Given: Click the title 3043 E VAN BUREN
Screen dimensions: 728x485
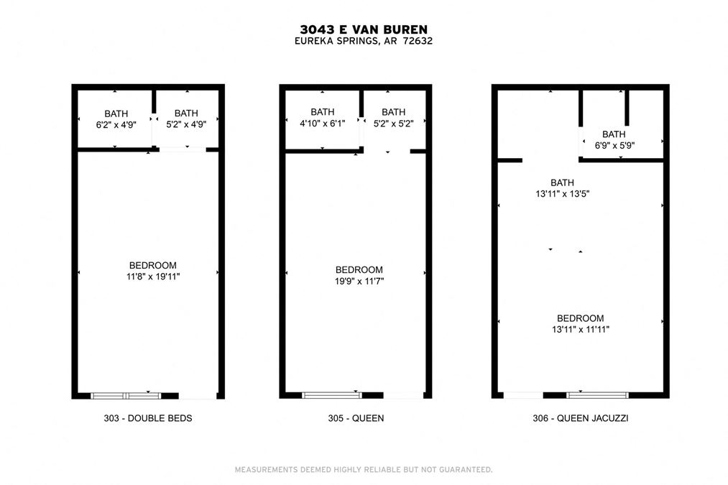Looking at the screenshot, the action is tap(364, 29).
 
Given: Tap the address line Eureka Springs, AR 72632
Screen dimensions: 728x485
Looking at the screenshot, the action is tap(364, 41).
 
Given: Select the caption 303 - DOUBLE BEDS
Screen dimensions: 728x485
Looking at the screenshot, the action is tap(147, 418).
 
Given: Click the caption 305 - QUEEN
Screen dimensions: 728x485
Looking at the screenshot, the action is tap(356, 418).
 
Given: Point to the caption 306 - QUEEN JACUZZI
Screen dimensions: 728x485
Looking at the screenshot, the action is tap(581, 418).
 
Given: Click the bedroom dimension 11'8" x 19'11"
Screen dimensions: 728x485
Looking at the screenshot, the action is tap(153, 277).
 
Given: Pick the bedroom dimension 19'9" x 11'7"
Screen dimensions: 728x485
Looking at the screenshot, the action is tap(359, 281).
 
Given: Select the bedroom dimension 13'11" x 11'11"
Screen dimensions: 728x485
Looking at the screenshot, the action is tap(581, 330).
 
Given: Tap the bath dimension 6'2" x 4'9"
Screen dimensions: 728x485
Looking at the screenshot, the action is tap(116, 125).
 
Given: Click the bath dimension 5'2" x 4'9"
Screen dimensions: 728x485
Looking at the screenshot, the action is tap(186, 124).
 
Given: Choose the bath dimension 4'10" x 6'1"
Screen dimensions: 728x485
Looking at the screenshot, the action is tap(322, 124).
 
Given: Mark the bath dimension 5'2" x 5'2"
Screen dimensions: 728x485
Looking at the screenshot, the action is tap(393, 124).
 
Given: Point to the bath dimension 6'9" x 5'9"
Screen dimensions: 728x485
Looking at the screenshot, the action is tap(614, 145).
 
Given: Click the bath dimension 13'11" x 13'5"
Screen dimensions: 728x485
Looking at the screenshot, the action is tap(562, 194).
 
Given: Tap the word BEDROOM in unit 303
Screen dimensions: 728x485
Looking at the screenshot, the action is tap(153, 265).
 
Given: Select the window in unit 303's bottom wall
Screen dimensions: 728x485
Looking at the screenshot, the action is tap(126, 396).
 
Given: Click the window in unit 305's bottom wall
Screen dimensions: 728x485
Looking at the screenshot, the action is tap(331, 395).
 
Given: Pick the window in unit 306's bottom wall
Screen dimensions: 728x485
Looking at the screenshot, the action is tap(597, 395).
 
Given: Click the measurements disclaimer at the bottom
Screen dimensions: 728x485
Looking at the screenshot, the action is tap(364, 470).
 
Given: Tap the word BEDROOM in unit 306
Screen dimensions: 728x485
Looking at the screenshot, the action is tap(581, 318).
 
